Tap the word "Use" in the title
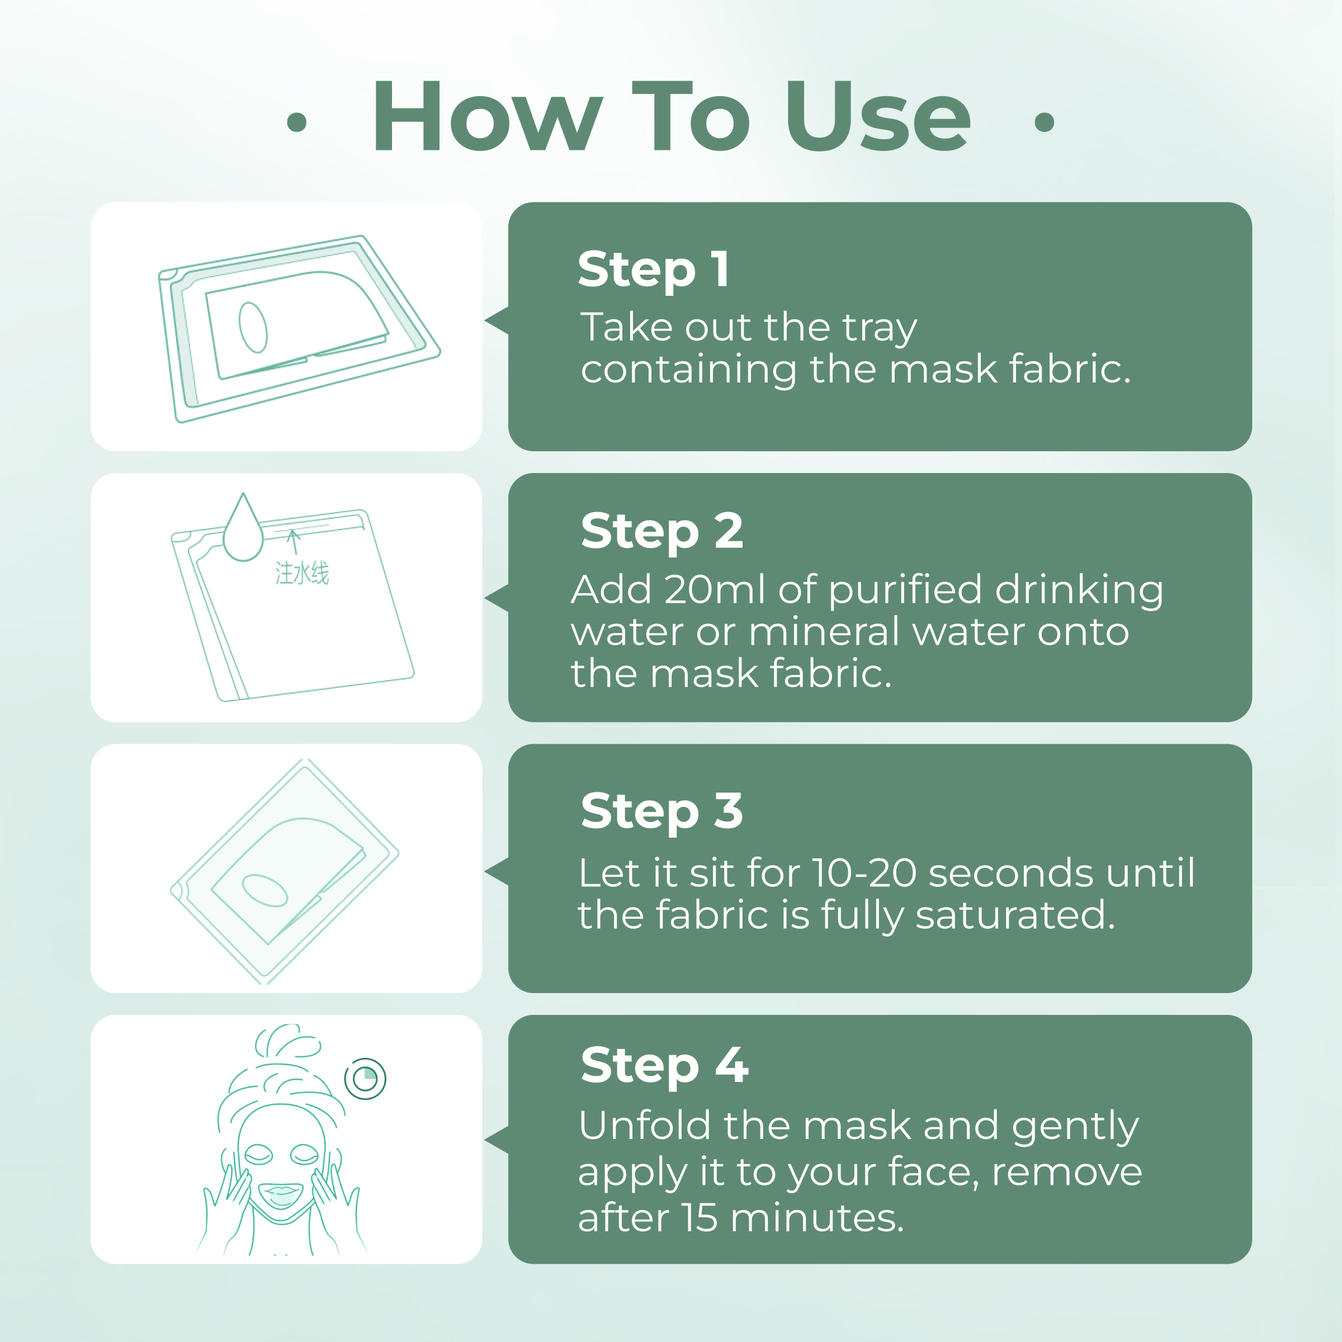click(x=878, y=115)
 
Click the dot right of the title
click(x=1044, y=122)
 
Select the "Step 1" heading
click(x=654, y=270)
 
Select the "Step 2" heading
click(x=662, y=531)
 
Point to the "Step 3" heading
click(x=662, y=811)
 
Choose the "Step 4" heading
click(x=665, y=1065)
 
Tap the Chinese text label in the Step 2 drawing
click(x=302, y=574)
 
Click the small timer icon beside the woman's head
click(x=365, y=1079)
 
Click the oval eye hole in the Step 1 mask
click(x=253, y=327)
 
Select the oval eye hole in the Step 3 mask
click(x=264, y=891)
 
